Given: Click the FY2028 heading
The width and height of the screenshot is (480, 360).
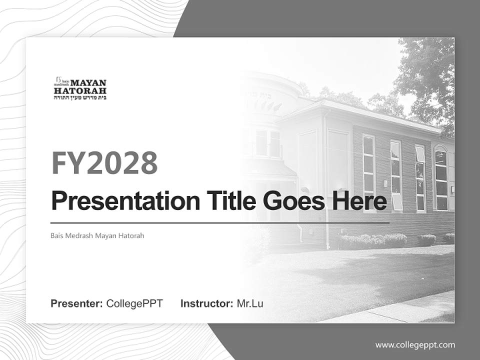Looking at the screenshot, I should pyautogui.click(x=104, y=162).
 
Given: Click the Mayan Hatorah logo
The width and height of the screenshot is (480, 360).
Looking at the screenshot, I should pyautogui.click(x=80, y=88).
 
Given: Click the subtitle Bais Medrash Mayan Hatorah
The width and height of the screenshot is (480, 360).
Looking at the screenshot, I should pyautogui.click(x=97, y=235).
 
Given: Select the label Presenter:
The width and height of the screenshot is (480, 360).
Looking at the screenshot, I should pyautogui.click(x=77, y=303).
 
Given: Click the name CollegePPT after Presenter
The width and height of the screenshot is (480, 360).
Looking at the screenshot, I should pyautogui.click(x=134, y=303).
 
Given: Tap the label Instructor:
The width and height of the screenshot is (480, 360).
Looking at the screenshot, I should pyautogui.click(x=207, y=303).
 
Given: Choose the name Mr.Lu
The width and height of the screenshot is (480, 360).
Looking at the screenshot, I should pyautogui.click(x=250, y=303).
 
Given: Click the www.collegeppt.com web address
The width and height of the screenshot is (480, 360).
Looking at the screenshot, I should pyautogui.click(x=415, y=344).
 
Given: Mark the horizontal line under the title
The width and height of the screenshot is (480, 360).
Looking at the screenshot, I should pyautogui.click(x=220, y=222).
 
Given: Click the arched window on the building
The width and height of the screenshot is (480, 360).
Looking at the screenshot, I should pyautogui.click(x=440, y=177).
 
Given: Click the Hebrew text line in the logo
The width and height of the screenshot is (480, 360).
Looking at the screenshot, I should pyautogui.click(x=80, y=98).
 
